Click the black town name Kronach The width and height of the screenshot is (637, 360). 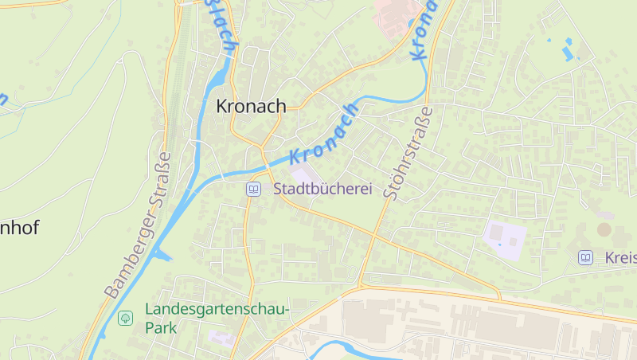tap(251, 106)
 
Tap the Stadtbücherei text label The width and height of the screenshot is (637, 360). tap(323, 190)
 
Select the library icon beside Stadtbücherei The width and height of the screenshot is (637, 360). tap(253, 190)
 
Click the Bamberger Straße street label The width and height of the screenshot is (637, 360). tap(139, 225)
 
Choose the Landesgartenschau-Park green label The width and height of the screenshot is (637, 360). tap(217, 318)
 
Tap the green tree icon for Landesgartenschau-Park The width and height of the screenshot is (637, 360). tap(125, 319)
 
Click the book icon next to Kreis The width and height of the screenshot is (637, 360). tap(585, 257)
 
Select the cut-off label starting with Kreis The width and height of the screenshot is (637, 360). tap(619, 257)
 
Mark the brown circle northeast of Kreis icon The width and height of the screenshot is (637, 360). tap(604, 229)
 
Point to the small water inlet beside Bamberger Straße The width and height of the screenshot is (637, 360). tap(162, 255)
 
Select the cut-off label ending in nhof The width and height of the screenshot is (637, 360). tap(19, 228)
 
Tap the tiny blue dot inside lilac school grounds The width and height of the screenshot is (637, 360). tap(499, 244)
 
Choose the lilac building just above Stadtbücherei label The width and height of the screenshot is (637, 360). tap(302, 174)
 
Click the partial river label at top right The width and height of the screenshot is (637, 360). tap(422, 32)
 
